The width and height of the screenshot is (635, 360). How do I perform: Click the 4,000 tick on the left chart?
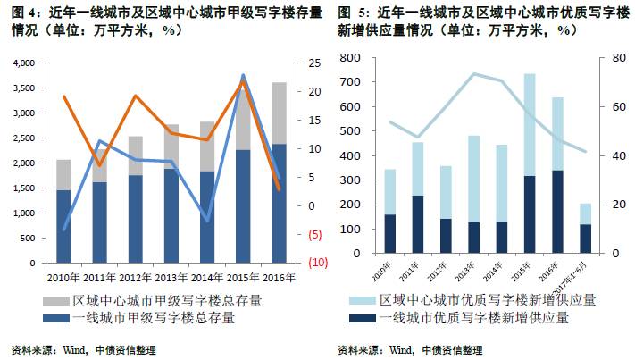[x=23, y=63]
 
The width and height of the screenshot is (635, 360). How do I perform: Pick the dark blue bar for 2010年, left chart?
[x=63, y=227]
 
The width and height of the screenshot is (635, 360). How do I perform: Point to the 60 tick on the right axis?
[x=605, y=107]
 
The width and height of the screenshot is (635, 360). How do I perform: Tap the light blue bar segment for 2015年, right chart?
[x=529, y=124]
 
